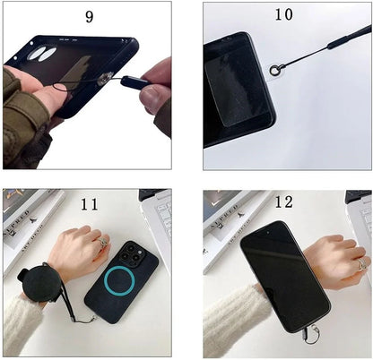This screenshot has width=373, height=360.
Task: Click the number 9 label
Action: (x=89, y=17)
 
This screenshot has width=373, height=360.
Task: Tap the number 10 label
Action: (x=283, y=15)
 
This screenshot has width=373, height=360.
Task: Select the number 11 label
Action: (x=89, y=204)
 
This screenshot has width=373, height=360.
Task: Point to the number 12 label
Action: (x=283, y=204)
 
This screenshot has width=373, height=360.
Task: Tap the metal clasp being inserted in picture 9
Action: (x=105, y=81)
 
